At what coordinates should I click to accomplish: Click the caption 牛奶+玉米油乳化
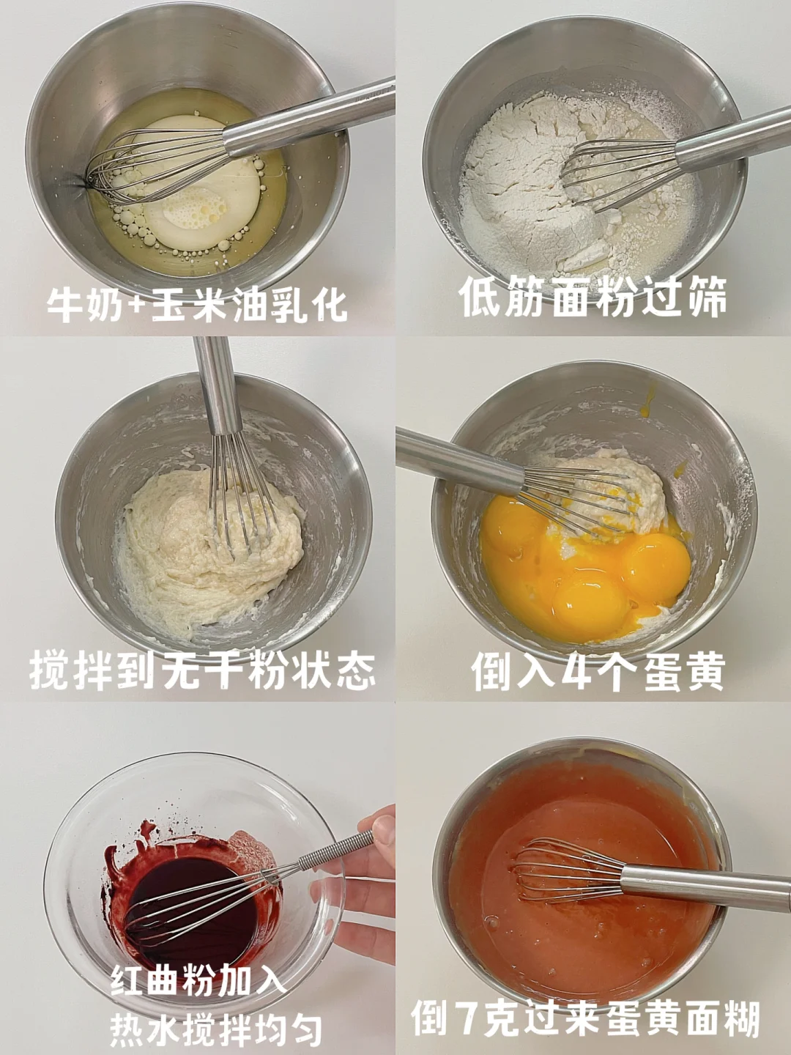click(x=197, y=305)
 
